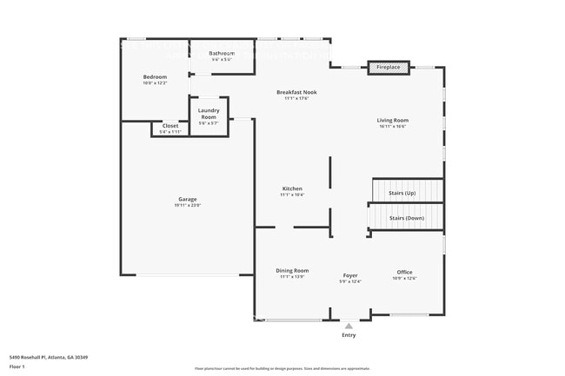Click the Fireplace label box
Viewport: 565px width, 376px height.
click(x=388, y=67)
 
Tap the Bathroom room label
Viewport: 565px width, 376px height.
click(x=222, y=54)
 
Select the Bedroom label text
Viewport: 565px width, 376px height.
click(x=155, y=77)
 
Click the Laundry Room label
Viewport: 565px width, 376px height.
click(x=209, y=113)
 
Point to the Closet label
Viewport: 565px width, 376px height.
click(x=170, y=126)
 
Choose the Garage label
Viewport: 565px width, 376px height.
click(x=188, y=199)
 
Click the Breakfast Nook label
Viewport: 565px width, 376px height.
click(x=296, y=92)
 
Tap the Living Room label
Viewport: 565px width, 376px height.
click(x=392, y=120)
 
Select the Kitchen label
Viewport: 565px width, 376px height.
click(x=291, y=188)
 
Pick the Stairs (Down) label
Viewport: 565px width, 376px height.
click(x=406, y=218)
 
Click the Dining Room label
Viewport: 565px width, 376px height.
click(x=292, y=271)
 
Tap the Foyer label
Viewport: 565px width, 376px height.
click(x=349, y=275)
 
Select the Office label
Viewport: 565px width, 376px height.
click(x=404, y=272)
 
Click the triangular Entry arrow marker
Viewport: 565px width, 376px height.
click(x=349, y=327)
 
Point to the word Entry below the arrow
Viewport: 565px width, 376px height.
click(x=349, y=335)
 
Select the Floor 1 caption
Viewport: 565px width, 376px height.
click(x=17, y=366)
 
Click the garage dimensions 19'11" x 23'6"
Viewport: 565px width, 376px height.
click(x=188, y=206)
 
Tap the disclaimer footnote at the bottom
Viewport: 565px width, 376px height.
click(x=282, y=368)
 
